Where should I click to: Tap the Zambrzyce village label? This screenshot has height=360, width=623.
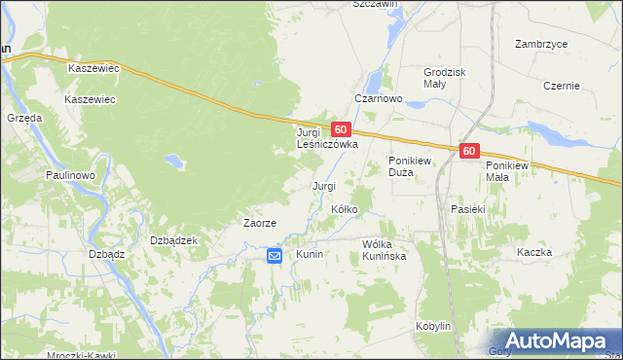[x=542, y=44]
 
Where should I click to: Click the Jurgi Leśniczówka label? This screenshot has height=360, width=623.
[x=327, y=137]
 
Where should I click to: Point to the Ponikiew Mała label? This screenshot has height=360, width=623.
[x=512, y=171]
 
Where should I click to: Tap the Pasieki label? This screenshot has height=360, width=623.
[x=468, y=209]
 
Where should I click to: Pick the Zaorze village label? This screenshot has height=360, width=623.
[x=260, y=223]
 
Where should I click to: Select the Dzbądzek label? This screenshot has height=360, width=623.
[x=174, y=240]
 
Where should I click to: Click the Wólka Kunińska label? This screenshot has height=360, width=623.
[x=390, y=250]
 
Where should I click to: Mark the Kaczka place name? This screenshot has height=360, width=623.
[x=534, y=252]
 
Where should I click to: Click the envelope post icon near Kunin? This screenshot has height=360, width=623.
[x=275, y=256]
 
